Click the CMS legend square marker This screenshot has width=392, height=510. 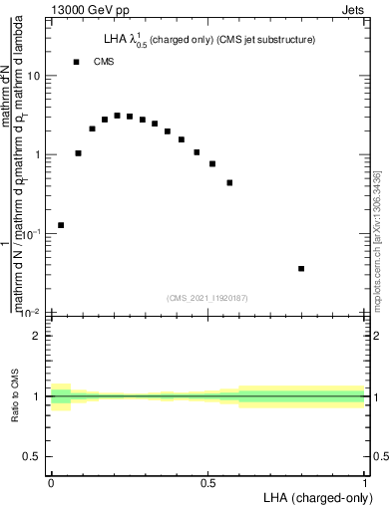tap(76, 62)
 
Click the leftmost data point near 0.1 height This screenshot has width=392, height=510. tap(61, 225)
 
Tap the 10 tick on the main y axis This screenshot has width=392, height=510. tap(37, 77)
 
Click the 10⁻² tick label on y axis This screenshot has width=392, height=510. tap(33, 312)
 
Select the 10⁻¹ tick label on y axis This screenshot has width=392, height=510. tap(33, 233)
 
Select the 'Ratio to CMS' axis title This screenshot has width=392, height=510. tap(15, 396)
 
